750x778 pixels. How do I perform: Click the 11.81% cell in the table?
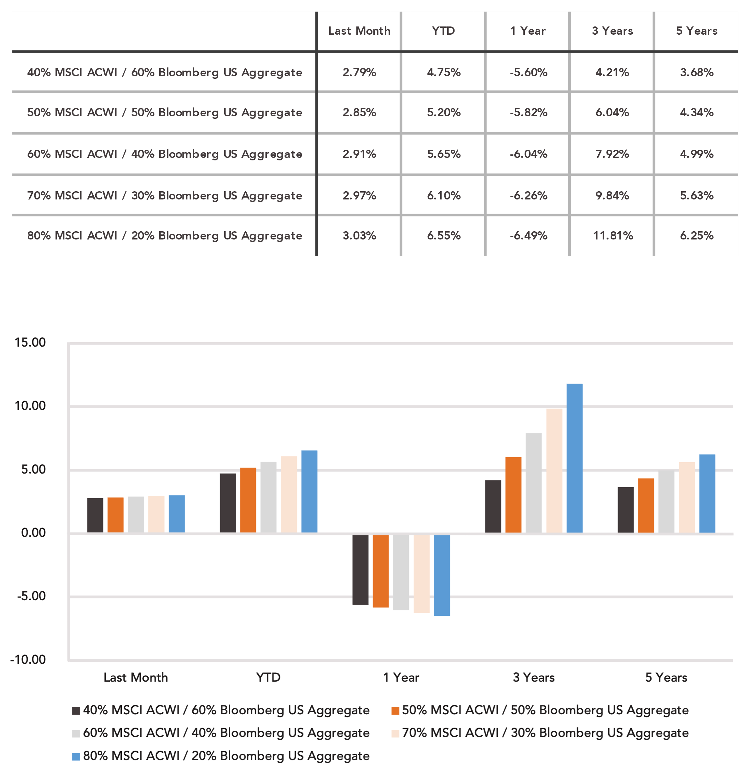[612, 236]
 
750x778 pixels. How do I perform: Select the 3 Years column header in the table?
[612, 31]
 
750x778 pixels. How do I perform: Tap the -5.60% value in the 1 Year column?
[528, 72]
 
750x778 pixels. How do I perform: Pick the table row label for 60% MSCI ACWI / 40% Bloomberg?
[164, 154]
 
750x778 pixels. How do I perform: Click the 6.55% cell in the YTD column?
[444, 236]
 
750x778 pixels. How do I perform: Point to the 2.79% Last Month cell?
[359, 72]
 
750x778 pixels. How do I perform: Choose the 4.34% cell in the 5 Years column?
[696, 112]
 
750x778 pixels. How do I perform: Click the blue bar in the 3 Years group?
[574, 458]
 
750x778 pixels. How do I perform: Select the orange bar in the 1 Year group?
[381, 571]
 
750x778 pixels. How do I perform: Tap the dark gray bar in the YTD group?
[228, 503]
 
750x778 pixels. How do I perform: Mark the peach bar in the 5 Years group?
[687, 497]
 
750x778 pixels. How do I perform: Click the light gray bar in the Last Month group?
[136, 515]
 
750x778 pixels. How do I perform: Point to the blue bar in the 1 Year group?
[442, 575]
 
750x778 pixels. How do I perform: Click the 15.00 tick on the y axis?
[30, 342]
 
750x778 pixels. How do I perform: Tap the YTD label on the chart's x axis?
[268, 677]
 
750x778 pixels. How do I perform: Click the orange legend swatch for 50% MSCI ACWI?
[395, 711]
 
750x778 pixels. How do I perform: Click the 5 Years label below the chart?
[666, 677]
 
